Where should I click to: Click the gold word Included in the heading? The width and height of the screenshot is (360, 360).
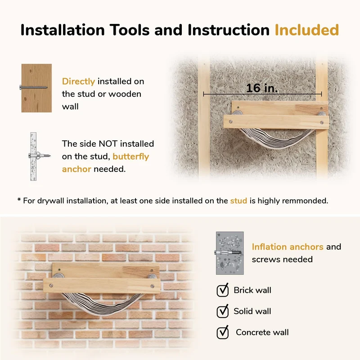pyautogui.click(x=307, y=30)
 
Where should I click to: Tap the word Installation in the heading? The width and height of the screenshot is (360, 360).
pyautogui.click(x=63, y=30)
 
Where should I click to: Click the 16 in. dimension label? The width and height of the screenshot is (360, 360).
pyautogui.click(x=262, y=88)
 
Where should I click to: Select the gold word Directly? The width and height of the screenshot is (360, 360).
pyautogui.click(x=78, y=82)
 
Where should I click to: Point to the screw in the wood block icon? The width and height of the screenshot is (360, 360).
pyautogui.click(x=33, y=87)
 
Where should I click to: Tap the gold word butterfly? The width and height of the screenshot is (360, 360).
pyautogui.click(x=130, y=157)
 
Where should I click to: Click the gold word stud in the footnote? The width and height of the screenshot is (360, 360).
pyautogui.click(x=238, y=201)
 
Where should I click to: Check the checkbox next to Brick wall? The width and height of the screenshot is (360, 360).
pyautogui.click(x=222, y=290)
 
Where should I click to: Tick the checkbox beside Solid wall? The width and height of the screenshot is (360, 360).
pyautogui.click(x=222, y=311)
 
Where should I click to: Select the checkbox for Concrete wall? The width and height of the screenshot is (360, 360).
pyautogui.click(x=222, y=333)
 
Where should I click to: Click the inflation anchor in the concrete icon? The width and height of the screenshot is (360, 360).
pyautogui.click(x=228, y=253)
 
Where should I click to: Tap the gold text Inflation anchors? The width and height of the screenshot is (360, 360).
pyautogui.click(x=288, y=247)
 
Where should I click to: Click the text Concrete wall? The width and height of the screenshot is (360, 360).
pyautogui.click(x=262, y=332)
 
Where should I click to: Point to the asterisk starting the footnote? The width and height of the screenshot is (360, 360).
pyautogui.click(x=19, y=199)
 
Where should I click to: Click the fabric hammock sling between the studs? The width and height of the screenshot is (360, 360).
pyautogui.click(x=275, y=140)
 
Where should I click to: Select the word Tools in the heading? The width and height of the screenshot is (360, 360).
pyautogui.click(x=129, y=30)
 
